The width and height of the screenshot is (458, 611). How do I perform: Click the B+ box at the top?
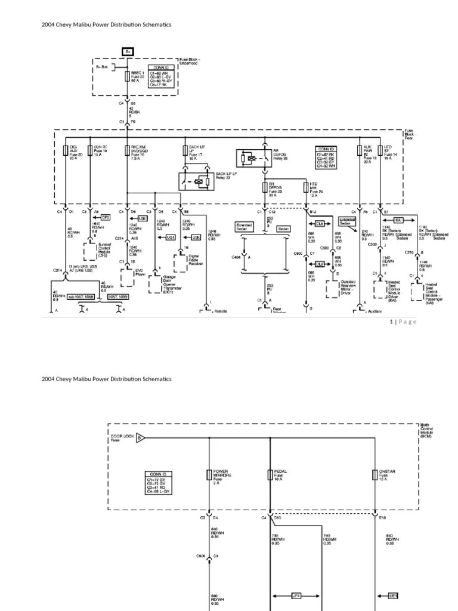click(x=128, y=52)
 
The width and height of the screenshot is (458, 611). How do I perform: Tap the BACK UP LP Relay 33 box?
click(x=196, y=180)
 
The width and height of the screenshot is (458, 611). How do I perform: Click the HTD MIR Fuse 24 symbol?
click(x=305, y=187)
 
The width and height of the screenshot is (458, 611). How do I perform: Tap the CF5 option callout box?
click(x=106, y=218)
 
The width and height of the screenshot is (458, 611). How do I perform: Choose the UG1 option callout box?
click(x=170, y=237)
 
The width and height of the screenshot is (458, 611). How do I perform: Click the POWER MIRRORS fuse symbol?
click(x=209, y=475)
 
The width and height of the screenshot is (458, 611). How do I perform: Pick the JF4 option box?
click(x=296, y=595)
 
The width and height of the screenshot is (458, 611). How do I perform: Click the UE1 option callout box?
click(x=394, y=595)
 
